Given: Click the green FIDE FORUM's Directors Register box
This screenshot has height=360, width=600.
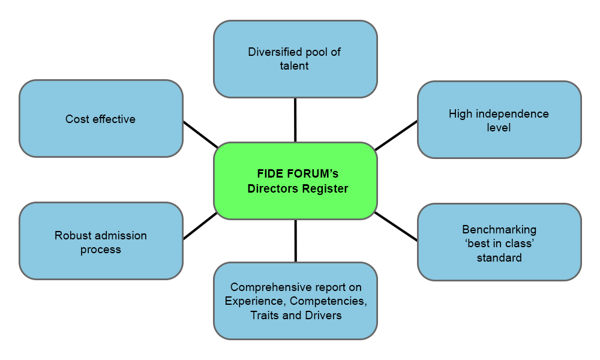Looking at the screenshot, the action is point(295,181).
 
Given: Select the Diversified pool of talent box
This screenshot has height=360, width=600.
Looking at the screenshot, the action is point(295,59).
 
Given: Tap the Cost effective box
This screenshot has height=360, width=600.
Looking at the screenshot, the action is point(101,119).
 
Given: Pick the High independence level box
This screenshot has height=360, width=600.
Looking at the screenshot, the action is point(499,120).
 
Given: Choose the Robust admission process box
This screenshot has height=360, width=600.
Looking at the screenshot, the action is point(101,241).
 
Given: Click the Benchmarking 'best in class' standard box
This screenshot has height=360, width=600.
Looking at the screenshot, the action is point(499,242).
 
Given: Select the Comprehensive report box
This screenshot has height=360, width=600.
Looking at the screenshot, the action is point(295,301).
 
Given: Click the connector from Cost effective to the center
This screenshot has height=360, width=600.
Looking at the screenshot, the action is point(200,134).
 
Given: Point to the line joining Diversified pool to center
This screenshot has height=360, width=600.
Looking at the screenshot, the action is point(295,120).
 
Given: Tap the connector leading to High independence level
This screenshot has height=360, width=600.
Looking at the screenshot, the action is point(396,136).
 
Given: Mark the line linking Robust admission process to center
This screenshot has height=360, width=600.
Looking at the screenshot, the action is point(200,226).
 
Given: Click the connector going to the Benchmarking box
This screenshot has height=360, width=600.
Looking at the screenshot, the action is point(396,226).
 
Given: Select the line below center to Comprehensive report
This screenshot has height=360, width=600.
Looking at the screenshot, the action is point(296,241).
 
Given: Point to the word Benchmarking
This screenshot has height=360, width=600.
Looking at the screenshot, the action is point(499,229).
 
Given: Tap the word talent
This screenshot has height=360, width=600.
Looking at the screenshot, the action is point(294,66).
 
